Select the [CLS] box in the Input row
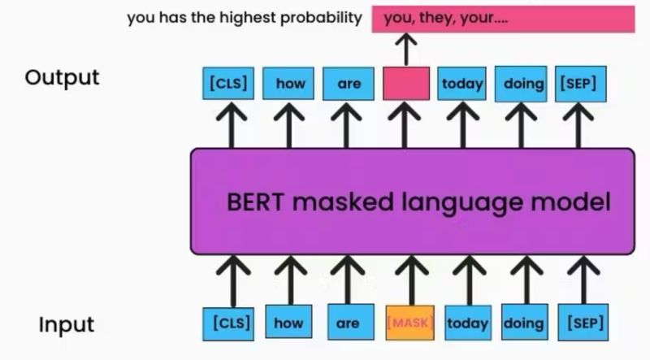pyautogui.click(x=226, y=323)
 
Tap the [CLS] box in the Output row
pyautogui.click(x=226, y=84)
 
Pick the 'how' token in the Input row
pyautogui.click(x=288, y=323)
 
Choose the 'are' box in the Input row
pyautogui.click(x=348, y=323)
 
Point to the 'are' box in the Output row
pyautogui.click(x=348, y=84)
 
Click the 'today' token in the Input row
pyautogui.click(x=467, y=323)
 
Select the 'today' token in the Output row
pyautogui.click(x=461, y=84)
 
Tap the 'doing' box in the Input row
pyautogui.click(x=524, y=323)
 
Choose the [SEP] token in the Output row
pyautogui.click(x=578, y=84)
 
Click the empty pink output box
pyautogui.click(x=405, y=84)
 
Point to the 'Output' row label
pyautogui.click(x=62, y=77)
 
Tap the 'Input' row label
pyautogui.click(x=67, y=325)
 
